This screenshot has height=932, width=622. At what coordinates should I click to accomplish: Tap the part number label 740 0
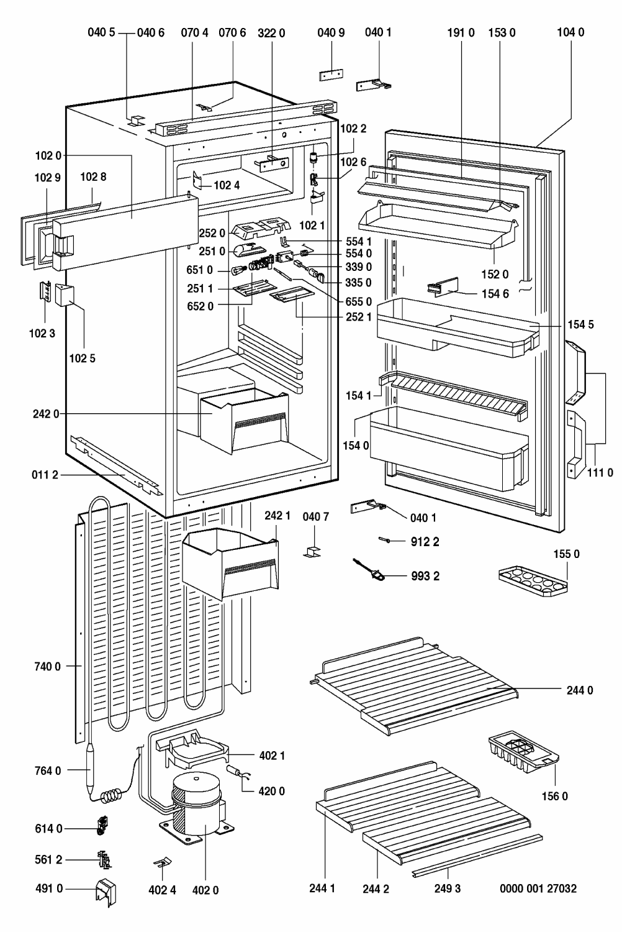tap(47, 667)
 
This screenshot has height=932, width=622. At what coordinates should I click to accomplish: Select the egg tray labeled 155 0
tap(533, 580)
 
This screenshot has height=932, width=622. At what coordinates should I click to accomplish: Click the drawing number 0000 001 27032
tap(538, 889)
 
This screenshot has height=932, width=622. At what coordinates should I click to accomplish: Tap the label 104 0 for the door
tap(570, 32)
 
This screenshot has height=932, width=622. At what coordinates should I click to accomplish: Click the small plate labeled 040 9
tap(331, 75)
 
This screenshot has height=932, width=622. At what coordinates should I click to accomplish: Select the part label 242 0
tap(46, 414)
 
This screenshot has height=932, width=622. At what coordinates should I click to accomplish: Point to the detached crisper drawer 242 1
tap(231, 560)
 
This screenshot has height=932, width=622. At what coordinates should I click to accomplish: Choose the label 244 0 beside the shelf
tap(580, 690)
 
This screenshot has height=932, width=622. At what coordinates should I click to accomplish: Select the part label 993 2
tap(425, 576)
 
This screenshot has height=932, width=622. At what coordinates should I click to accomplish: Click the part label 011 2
tap(45, 476)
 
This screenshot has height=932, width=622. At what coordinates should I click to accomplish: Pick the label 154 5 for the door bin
tap(580, 324)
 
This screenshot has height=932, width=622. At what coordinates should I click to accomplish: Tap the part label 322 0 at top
tap(271, 32)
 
